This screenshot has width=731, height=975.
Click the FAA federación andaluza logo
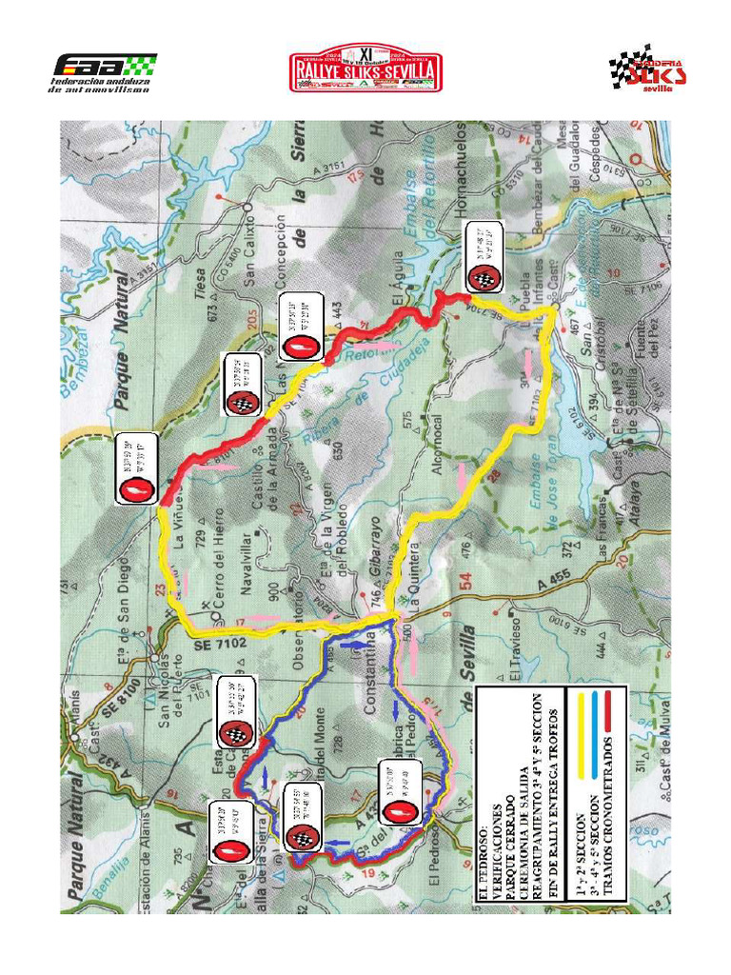103,73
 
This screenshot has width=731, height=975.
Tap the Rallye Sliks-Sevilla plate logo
365,69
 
